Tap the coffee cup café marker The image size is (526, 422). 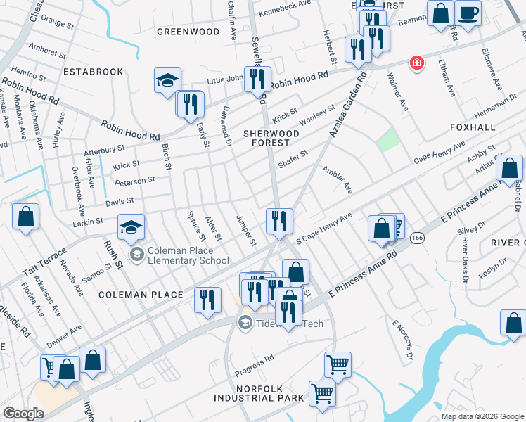[468, 12]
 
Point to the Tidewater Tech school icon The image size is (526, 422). [245, 323]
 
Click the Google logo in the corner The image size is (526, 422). [23, 414]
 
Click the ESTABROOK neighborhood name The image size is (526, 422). [93, 72]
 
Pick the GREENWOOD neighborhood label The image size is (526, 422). [188, 32]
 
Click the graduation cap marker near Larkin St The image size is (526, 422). [131, 227]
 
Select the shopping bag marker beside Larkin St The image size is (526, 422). [25, 218]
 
